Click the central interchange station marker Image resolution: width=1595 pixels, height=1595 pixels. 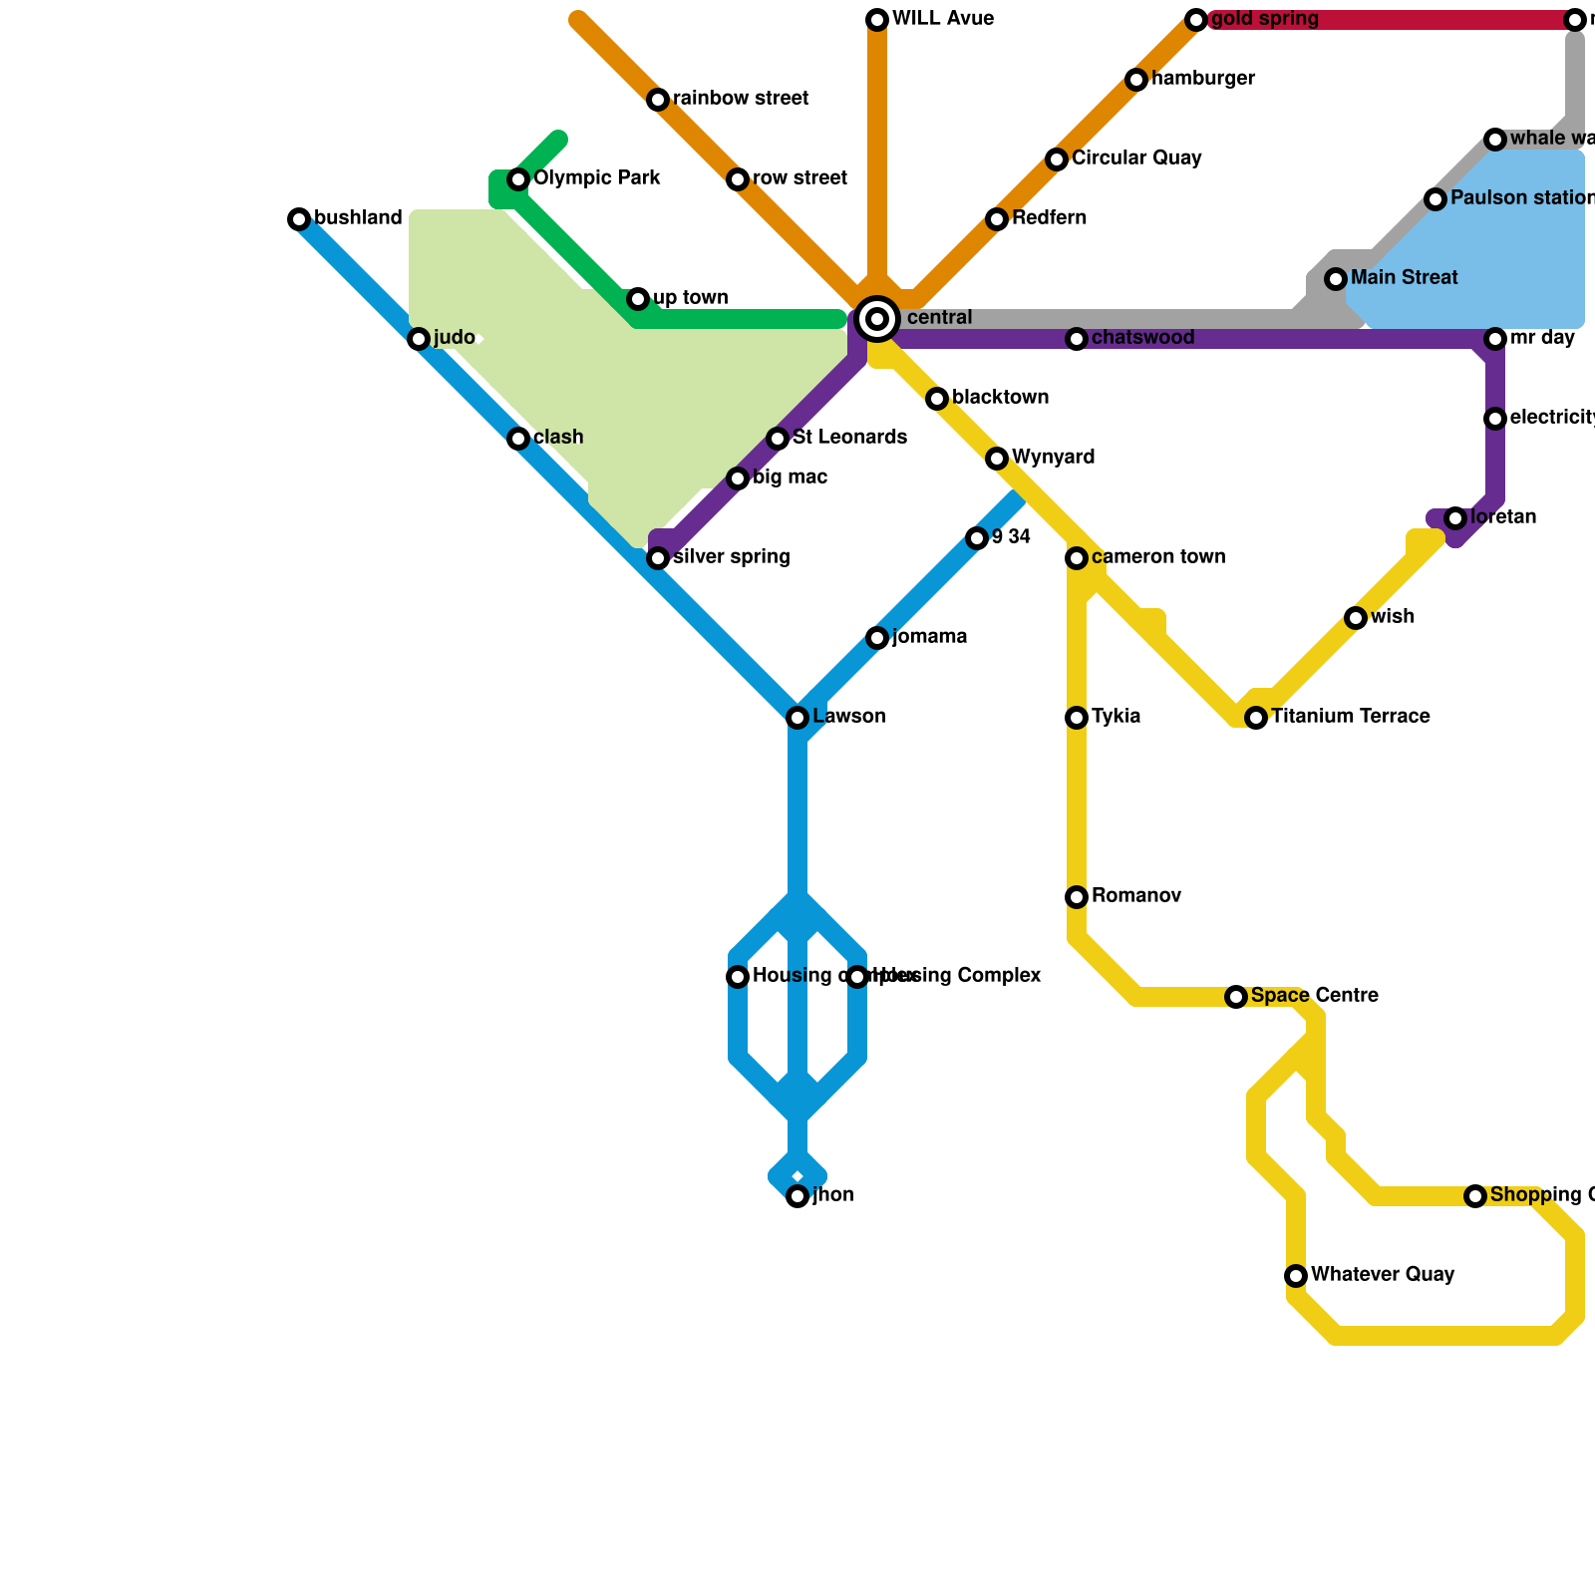(877, 319)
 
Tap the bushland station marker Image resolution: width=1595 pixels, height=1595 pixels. (299, 219)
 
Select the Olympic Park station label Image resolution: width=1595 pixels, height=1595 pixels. (596, 179)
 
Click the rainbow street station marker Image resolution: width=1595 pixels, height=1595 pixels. (658, 100)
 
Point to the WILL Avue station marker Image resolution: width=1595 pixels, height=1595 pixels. (877, 20)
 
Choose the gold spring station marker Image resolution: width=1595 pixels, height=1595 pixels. (1196, 20)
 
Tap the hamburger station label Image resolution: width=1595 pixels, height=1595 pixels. (1202, 79)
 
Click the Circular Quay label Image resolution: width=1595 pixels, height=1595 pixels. (1136, 159)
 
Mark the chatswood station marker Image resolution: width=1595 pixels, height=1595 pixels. (1077, 339)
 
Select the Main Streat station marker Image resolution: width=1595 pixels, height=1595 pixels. (1336, 279)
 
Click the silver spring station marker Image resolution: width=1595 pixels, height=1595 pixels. (658, 558)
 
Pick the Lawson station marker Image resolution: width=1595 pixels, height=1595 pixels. (797, 718)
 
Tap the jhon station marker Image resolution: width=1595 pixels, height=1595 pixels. (797, 1196)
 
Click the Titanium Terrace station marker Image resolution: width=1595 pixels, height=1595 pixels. (1256, 718)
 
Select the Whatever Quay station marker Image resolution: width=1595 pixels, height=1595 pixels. (1296, 1276)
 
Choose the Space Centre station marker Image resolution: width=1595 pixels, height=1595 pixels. (1236, 997)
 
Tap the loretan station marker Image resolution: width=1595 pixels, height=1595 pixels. (1455, 518)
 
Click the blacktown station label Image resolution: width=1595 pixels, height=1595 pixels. (1000, 398)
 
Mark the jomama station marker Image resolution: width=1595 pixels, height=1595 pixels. (877, 638)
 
